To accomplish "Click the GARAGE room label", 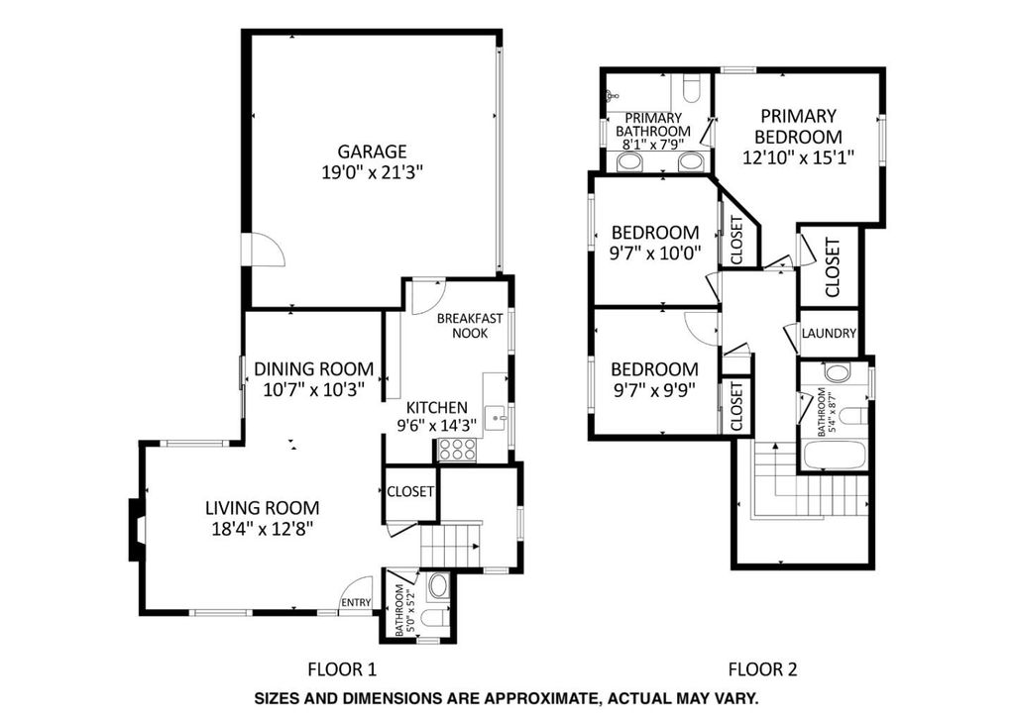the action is pos(373,152).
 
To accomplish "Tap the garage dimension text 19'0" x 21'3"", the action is pos(373,173).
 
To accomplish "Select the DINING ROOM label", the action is pos(314,369).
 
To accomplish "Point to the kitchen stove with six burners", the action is pos(458,450).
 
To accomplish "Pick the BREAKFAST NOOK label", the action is pos(470,326).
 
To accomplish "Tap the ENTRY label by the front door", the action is pos(356,602).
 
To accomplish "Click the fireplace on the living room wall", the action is pos(137,530).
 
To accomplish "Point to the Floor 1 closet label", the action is pos(410,492).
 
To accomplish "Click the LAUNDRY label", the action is pos(830,334).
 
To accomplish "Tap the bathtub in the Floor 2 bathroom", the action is pos(835,456).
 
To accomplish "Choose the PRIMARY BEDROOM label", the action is pos(799,127).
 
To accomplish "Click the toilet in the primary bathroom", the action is pos(691,88).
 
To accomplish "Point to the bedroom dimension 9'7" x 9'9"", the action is pos(654,390).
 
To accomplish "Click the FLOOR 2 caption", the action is pos(762,669).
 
